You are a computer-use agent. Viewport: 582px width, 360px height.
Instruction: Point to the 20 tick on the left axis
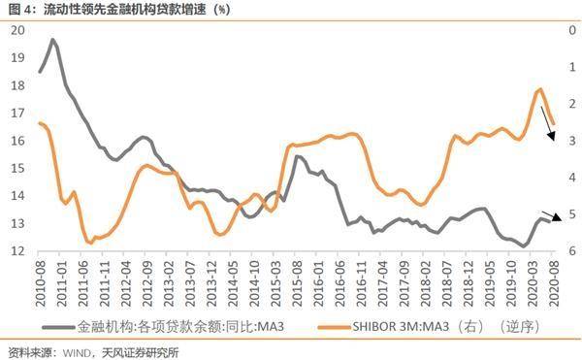(17, 30)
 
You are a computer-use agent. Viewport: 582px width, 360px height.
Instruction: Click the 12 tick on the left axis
(17, 251)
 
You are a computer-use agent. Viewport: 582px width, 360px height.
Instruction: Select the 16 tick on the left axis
(17, 141)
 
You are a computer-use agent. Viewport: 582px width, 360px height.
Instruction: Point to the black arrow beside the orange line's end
(548, 127)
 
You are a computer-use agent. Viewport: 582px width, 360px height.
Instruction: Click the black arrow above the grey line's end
(548, 215)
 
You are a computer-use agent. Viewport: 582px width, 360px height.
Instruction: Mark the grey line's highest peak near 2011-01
(52, 41)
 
